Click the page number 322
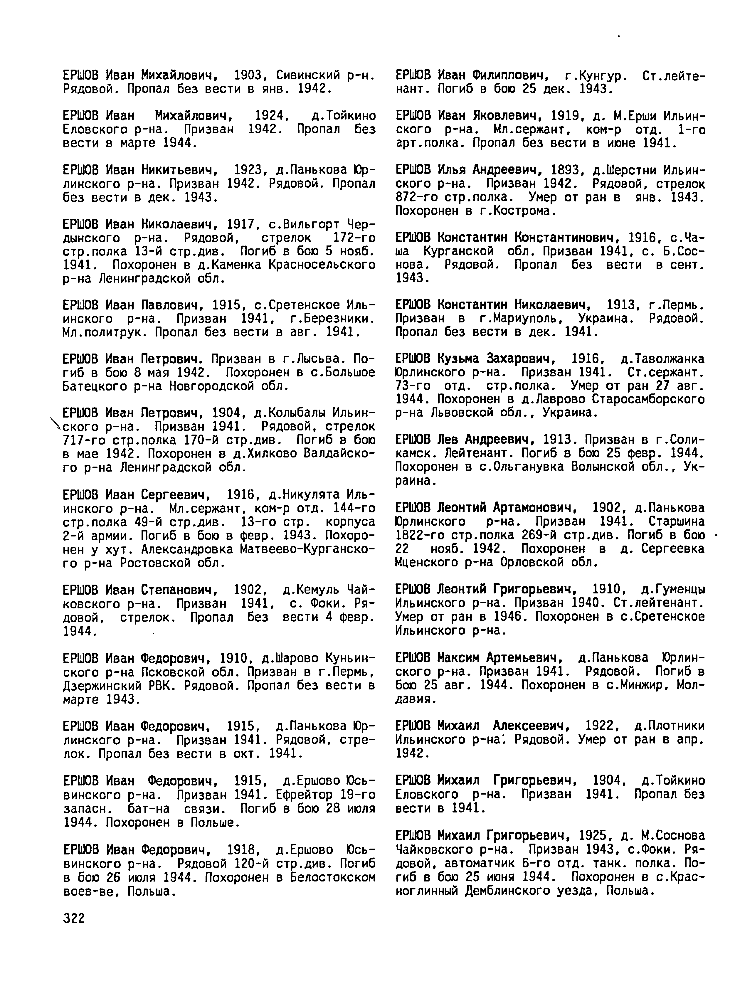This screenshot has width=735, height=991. click(74, 918)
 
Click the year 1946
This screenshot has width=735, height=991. click(509, 617)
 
